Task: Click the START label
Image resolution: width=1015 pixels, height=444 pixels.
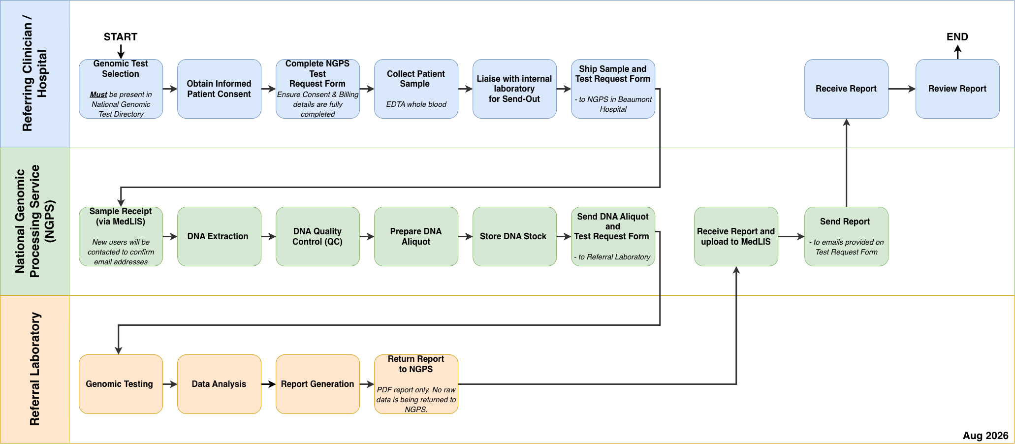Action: click(x=121, y=37)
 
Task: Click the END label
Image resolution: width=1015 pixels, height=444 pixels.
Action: click(x=957, y=37)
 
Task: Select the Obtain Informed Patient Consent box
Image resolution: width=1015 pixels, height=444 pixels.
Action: click(x=219, y=89)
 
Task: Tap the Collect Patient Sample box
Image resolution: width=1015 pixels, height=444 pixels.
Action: click(x=416, y=89)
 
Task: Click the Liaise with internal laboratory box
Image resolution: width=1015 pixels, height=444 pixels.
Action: click(x=514, y=89)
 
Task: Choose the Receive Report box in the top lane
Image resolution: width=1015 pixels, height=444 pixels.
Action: click(x=846, y=89)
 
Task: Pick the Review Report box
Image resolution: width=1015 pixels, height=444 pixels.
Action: click(x=957, y=89)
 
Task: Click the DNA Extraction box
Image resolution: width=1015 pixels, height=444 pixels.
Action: click(x=219, y=236)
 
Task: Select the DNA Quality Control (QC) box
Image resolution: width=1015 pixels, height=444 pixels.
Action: click(x=317, y=236)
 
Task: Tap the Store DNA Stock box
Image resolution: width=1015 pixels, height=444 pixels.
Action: click(x=514, y=236)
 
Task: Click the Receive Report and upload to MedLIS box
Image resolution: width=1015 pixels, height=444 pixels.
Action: click(x=736, y=236)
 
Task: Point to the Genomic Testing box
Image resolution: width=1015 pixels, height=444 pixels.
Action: click(x=121, y=384)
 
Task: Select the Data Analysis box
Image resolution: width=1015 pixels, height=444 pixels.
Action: click(x=219, y=384)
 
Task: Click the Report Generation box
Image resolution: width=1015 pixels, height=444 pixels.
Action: click(x=317, y=384)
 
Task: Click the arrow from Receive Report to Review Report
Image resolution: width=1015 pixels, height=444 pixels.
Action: click(x=902, y=89)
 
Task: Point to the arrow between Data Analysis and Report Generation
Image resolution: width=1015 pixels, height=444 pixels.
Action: click(x=268, y=384)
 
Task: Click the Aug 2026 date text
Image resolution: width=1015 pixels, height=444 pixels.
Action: click(x=985, y=436)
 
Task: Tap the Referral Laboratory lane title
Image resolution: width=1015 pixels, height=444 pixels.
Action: click(x=34, y=369)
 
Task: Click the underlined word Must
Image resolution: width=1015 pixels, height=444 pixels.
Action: click(x=98, y=95)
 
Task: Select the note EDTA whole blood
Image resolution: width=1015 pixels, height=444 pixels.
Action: click(x=416, y=104)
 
